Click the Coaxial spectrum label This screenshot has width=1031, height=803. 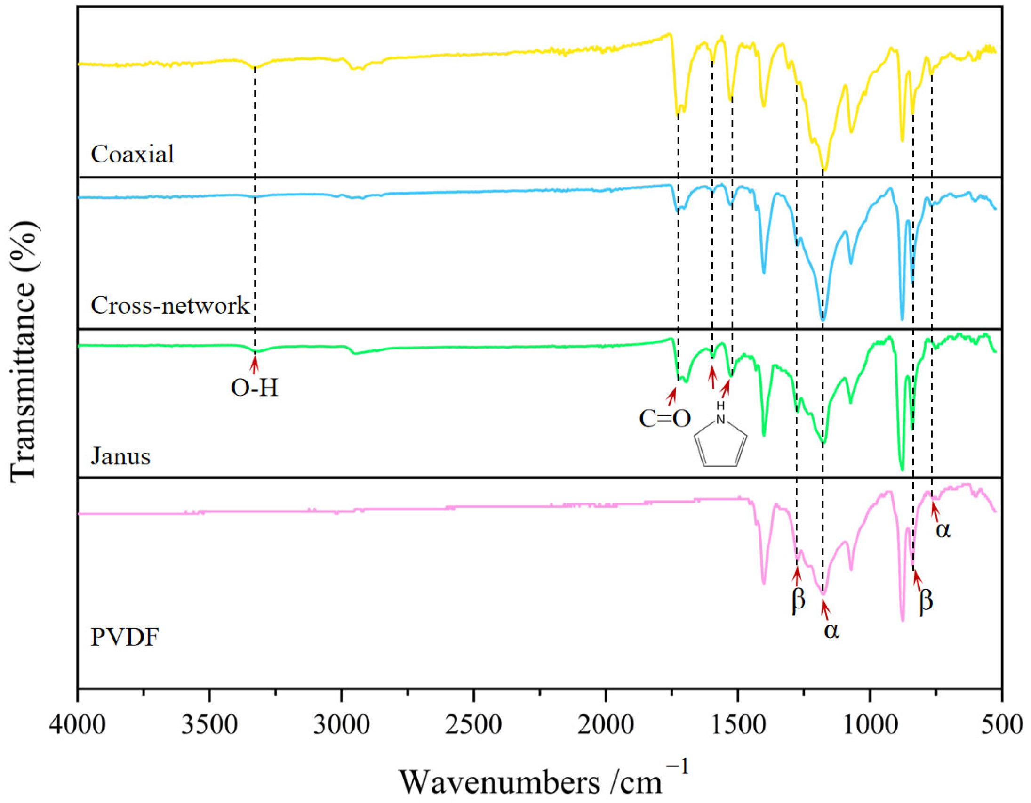pos(133,154)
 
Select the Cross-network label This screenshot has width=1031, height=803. pos(169,306)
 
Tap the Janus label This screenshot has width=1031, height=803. pos(120,456)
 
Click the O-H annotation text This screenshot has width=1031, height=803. pos(255,388)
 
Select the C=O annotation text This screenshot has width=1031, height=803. pos(665,418)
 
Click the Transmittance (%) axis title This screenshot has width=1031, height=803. pos(24,349)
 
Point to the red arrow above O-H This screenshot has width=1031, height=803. pos(255,365)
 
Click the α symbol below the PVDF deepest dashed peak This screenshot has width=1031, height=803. pos(831,631)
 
